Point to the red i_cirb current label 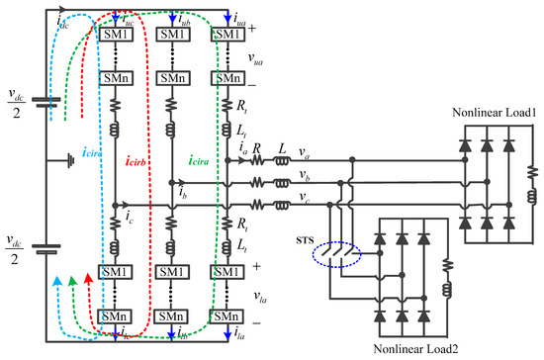136,157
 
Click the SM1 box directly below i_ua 227,35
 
